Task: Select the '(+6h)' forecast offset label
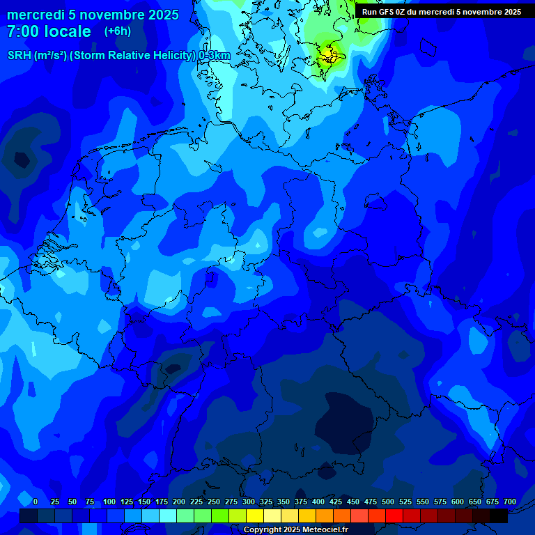pyautogui.click(x=117, y=31)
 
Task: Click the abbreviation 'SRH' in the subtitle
pyautogui.click(x=20, y=56)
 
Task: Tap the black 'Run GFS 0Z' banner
pyautogui.click(x=441, y=12)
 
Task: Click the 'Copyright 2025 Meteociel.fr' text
pyautogui.click(x=295, y=529)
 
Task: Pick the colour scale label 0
pyautogui.click(x=36, y=502)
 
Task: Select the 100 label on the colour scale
pyautogui.click(x=109, y=502)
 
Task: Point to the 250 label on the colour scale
pyautogui.click(x=214, y=502)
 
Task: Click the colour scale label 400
pyautogui.click(x=318, y=502)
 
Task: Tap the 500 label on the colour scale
pyautogui.click(x=388, y=502)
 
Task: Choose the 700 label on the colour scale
pyautogui.click(x=510, y=502)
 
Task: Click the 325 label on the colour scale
pyautogui.click(x=266, y=502)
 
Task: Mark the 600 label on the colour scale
pyautogui.click(x=458, y=502)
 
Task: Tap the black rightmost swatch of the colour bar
pyautogui.click(x=499, y=516)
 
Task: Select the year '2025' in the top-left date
pyautogui.click(x=161, y=15)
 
